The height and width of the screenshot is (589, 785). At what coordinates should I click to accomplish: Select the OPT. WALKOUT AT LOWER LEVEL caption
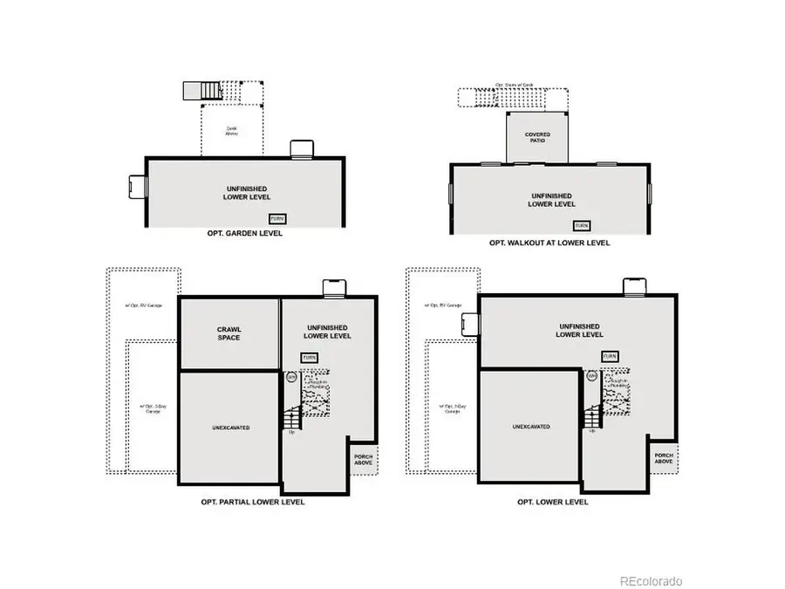point(549,243)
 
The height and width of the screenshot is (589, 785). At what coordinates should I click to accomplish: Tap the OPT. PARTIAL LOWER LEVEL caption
point(252,502)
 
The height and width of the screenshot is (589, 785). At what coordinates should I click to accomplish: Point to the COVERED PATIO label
point(537,138)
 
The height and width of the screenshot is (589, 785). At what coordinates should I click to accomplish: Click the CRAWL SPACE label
point(229,332)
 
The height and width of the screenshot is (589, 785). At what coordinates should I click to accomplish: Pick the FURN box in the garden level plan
point(276,218)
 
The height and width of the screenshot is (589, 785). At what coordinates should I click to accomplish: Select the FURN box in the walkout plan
point(580,225)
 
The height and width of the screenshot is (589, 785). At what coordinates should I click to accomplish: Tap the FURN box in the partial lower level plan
point(309,357)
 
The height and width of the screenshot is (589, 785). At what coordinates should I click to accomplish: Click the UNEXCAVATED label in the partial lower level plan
point(230,428)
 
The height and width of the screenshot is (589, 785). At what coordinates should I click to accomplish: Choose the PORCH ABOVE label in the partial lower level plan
point(363,460)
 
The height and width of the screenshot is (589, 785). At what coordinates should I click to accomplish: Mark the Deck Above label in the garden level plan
point(231,131)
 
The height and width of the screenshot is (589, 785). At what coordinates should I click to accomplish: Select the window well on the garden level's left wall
point(137,186)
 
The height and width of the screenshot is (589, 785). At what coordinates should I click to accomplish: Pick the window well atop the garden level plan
point(301,149)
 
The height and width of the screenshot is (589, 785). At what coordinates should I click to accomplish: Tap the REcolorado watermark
point(651,581)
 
